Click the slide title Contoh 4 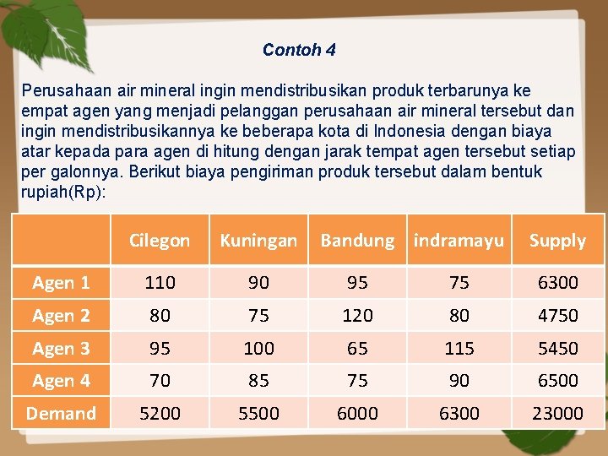(299, 50)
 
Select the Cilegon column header (160, 241)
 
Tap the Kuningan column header (258, 241)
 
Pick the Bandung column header (357, 241)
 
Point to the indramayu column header (459, 241)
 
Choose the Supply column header (557, 241)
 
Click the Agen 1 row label (61, 283)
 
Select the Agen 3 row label (61, 348)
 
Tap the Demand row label (61, 413)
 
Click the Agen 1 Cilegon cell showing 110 (160, 283)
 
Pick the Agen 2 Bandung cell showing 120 (357, 315)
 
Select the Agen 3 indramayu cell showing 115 (459, 348)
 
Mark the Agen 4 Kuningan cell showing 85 (258, 380)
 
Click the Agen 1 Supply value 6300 (557, 283)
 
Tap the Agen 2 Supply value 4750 (557, 315)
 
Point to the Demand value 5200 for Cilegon (160, 413)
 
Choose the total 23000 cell (557, 413)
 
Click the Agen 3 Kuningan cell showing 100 (258, 348)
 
